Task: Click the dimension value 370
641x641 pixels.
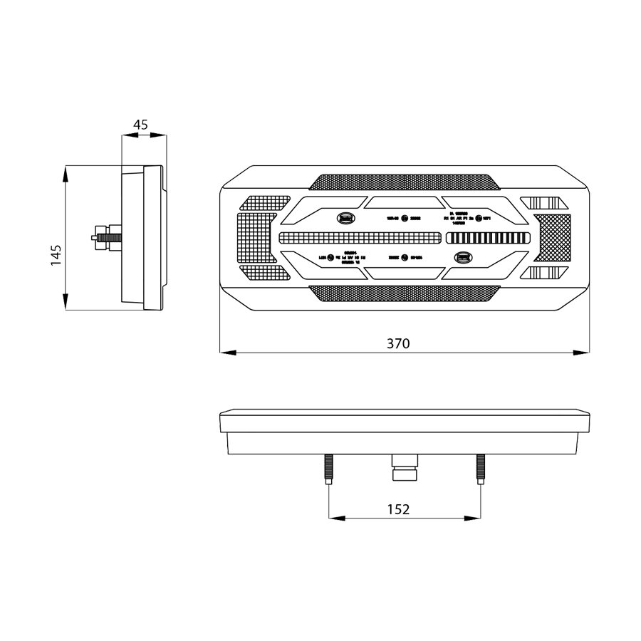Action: (398, 343)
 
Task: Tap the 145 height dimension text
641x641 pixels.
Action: (56, 255)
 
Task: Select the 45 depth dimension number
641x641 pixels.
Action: (140, 125)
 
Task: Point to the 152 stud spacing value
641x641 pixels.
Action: (398, 509)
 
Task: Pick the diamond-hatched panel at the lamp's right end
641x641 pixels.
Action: (553, 237)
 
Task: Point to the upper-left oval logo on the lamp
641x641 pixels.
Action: (344, 217)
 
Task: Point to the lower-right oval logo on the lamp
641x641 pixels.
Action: (464, 257)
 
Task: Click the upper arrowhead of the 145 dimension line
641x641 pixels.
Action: (66, 170)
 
